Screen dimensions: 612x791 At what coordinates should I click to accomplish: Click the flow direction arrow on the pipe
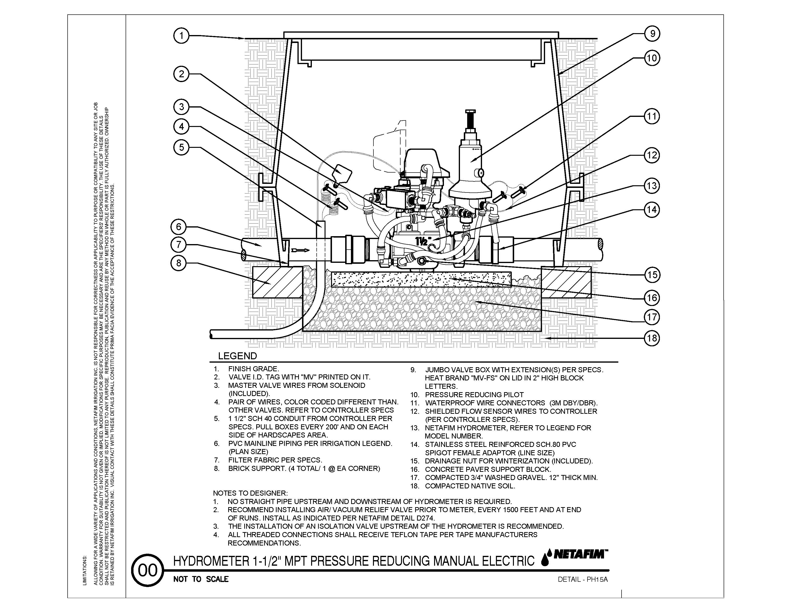(301, 250)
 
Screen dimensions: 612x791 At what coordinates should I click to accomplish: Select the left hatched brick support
(277, 282)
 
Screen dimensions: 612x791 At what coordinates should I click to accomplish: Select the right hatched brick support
(566, 282)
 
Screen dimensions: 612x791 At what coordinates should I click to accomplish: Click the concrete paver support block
(421, 279)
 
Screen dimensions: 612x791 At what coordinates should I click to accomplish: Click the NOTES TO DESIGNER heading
(250, 493)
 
